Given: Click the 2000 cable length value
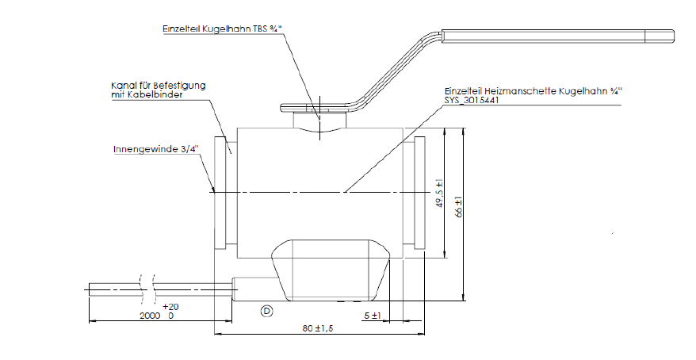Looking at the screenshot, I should [150, 315].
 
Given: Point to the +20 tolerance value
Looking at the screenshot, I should [169, 306].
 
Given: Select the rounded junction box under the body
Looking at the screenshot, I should [330, 270].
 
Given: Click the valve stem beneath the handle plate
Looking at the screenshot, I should [319, 122].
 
